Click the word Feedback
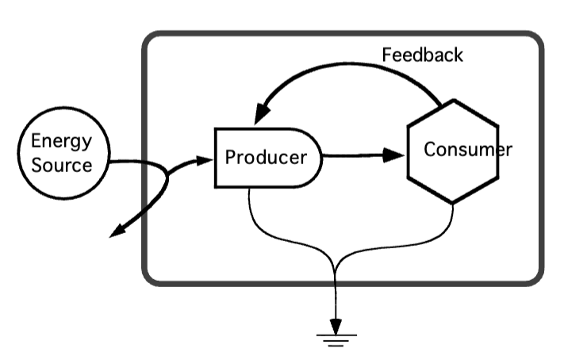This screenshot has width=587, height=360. click(x=422, y=56)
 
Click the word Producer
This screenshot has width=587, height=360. click(x=265, y=157)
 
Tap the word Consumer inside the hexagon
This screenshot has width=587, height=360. click(x=468, y=149)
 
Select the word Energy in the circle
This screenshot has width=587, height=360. click(x=61, y=141)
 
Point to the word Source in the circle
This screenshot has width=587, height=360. click(x=61, y=166)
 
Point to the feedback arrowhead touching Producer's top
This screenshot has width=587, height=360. click(x=260, y=117)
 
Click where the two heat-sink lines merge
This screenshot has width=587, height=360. click(x=336, y=274)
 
